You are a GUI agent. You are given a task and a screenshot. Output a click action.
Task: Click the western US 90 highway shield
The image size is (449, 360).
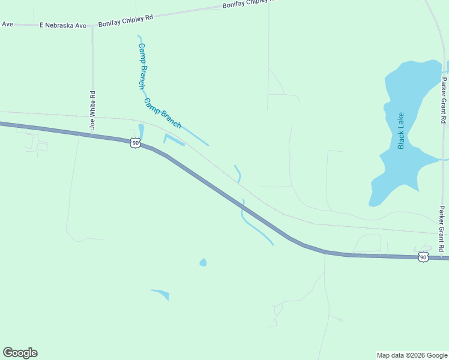pos(135,143)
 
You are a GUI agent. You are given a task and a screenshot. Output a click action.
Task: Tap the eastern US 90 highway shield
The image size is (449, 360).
pos(424,257)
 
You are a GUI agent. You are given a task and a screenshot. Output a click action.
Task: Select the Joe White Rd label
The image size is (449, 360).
pos(92,110)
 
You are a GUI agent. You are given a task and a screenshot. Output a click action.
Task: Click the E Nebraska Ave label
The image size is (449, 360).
pos(63,26)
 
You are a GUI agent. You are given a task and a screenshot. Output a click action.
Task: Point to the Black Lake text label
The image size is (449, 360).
pos(401,131)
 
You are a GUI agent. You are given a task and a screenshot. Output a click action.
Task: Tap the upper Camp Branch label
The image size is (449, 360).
pos(142,66)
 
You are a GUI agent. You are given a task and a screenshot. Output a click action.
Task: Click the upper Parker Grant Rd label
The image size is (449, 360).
pos(444,100)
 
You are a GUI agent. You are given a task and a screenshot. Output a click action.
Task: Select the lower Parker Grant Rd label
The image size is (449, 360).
pos(442,229)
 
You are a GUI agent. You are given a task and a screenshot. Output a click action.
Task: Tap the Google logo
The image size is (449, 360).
pos(20,353)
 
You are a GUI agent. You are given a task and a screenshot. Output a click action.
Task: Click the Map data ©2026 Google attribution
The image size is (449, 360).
pos(412,355)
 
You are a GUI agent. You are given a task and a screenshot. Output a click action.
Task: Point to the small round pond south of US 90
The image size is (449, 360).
pos(203,262)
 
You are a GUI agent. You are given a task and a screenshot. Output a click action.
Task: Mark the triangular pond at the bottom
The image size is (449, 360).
pos(162,294)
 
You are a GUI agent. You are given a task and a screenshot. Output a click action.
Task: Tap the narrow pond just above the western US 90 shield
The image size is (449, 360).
pos(141,131)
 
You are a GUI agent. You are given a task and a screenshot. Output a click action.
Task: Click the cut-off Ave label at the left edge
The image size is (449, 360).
pos(7,24)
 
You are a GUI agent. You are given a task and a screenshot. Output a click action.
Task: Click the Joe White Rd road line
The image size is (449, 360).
pos(92,66)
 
